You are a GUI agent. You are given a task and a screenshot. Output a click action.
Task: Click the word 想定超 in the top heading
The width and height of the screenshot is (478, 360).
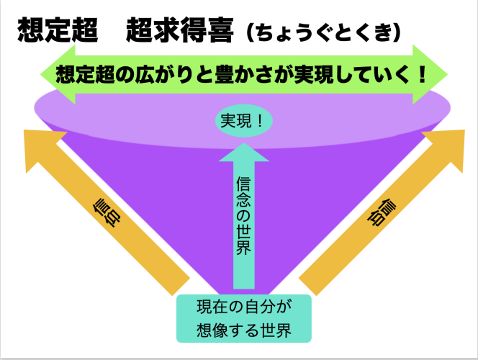point(58,30)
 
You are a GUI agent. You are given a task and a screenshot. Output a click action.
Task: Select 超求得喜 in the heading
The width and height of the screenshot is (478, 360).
point(180,30)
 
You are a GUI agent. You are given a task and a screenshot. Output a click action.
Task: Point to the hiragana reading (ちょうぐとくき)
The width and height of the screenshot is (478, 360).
point(323,32)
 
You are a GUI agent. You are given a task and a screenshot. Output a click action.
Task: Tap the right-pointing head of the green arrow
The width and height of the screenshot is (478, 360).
point(430,74)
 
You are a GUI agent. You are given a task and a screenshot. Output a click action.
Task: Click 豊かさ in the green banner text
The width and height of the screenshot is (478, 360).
point(241,75)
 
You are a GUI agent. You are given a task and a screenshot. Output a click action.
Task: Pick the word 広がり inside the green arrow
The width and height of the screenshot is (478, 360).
point(163,75)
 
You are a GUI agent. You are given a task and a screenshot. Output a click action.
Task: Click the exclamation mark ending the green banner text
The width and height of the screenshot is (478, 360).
point(422,74)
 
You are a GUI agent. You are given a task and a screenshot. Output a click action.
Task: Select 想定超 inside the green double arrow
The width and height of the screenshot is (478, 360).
point(85,75)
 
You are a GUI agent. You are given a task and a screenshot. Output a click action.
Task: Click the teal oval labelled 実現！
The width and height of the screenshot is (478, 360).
point(243,121)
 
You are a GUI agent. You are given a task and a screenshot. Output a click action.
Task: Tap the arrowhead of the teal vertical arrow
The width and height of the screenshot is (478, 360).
point(244,152)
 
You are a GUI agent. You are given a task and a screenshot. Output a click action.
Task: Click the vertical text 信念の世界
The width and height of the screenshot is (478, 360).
point(243,215)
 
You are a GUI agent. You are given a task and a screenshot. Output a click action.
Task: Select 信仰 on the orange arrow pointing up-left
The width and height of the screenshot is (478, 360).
point(107,213)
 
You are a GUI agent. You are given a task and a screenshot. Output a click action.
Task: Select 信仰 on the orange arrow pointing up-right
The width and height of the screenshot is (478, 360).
point(382,213)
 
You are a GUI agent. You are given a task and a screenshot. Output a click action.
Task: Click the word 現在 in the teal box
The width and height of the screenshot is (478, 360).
point(212,307)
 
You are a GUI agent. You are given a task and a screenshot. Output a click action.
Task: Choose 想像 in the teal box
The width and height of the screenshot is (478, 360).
point(212,330)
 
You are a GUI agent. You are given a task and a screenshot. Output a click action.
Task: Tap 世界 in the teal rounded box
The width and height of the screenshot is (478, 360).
point(276,330)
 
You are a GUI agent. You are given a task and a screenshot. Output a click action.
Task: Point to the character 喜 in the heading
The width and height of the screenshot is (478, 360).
point(220,30)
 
